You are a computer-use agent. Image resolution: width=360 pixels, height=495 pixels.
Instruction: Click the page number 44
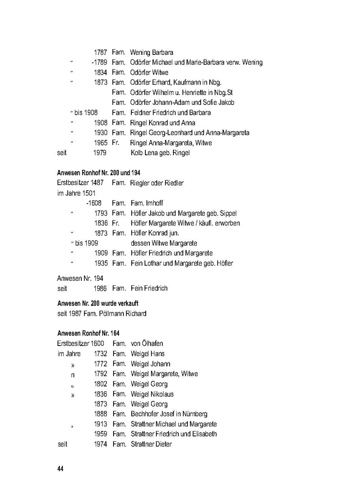60,469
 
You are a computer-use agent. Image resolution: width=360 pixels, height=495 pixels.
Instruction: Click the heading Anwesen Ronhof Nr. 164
88,333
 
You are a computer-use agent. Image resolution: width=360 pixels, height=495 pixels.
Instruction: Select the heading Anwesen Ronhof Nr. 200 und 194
99,173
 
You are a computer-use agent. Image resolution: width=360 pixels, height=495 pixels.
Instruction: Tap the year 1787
100,52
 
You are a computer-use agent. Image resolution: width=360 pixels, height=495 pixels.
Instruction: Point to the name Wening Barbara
152,52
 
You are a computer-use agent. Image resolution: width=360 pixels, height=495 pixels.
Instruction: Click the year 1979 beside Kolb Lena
100,153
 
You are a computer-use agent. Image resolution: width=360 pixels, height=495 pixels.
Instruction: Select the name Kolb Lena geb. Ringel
160,153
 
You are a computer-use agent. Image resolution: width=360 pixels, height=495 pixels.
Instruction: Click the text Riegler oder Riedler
157,183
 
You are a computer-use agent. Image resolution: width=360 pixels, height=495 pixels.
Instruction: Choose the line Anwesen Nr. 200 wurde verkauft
98,303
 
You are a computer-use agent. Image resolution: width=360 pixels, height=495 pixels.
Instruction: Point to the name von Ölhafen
147,343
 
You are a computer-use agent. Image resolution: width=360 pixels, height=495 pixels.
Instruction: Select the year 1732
101,353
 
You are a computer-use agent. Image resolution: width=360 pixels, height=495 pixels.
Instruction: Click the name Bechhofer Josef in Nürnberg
169,414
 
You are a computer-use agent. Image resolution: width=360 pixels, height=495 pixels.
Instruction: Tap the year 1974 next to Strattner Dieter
101,444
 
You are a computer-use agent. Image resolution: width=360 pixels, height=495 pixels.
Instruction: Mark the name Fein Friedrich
149,288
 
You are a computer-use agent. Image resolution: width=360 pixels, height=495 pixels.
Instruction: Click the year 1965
100,143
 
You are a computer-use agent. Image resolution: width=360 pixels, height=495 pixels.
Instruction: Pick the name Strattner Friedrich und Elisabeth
173,434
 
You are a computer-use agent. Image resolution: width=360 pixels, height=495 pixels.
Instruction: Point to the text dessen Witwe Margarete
163,243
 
